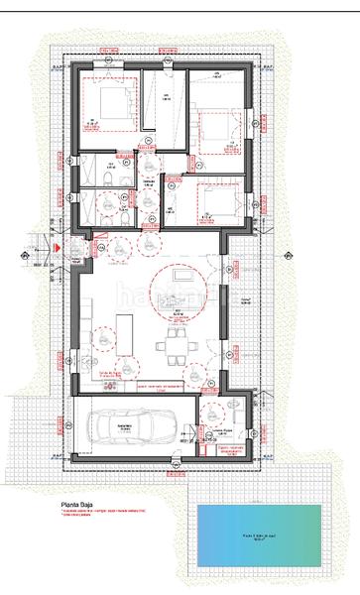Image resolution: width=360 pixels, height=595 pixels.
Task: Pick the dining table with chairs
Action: [x=176, y=345]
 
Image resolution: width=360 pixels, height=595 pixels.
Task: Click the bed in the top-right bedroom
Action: [x=212, y=126]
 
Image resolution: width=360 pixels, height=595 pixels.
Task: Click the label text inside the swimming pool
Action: [x=259, y=538]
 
